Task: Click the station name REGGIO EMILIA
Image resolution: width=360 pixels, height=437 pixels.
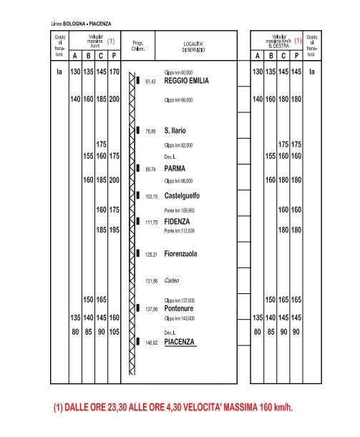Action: coord(186,81)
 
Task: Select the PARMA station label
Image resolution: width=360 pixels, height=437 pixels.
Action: coord(176,168)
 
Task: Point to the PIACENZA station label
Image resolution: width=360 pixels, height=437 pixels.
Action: coord(180,342)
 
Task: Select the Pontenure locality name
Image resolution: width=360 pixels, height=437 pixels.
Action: coord(183,308)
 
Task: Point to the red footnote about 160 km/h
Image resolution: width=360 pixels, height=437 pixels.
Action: coord(173,408)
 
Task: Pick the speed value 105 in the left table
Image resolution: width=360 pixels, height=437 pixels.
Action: coord(114,332)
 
